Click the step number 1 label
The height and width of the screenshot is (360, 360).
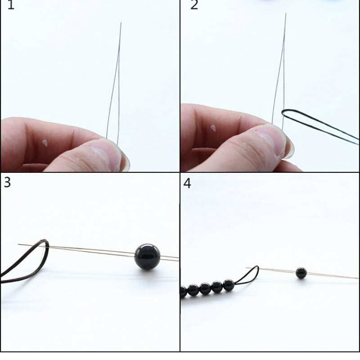point(11,4)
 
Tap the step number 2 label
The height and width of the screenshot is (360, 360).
point(194,4)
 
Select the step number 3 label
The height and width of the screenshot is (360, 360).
point(7,182)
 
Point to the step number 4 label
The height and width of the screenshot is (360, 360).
point(187,184)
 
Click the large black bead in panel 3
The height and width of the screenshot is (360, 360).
point(147,256)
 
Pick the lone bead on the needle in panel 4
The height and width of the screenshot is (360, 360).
point(301,273)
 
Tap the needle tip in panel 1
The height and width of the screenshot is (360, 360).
point(121,23)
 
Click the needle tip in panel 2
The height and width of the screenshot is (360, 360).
point(286,13)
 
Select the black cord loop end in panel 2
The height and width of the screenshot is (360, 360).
point(283,112)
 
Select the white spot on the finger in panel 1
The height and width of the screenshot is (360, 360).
point(45,143)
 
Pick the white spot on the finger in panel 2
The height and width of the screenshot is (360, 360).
point(213,128)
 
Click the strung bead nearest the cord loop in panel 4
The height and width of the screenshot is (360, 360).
point(229,285)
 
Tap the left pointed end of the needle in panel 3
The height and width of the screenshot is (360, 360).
point(18,244)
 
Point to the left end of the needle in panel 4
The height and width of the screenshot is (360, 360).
point(246,268)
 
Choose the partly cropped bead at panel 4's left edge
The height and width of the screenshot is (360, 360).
point(184,292)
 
